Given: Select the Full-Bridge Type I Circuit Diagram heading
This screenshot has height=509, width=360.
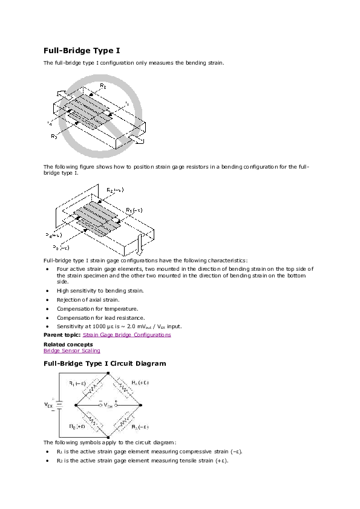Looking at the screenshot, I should [x=105, y=363].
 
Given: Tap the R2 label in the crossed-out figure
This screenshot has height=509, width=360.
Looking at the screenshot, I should [x=103, y=86].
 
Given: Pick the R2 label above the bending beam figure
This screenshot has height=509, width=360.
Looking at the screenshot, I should [x=114, y=190].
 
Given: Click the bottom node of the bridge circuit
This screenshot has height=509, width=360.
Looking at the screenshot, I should [x=108, y=436].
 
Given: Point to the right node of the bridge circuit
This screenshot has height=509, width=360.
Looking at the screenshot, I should [x=141, y=405].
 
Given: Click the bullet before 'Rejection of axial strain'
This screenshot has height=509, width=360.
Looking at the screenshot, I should [x=48, y=300].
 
